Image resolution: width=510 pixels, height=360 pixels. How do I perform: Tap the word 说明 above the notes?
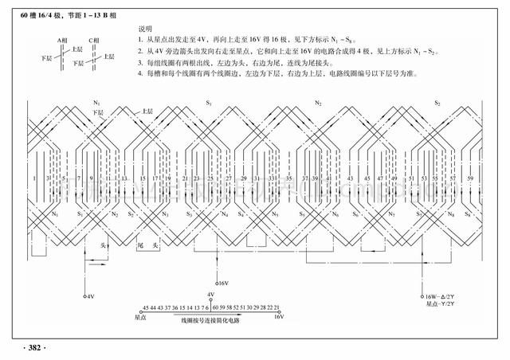coord(144,28)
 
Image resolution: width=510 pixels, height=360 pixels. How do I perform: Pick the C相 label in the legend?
coord(94,39)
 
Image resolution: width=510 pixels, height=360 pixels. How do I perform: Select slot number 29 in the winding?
coord(243,178)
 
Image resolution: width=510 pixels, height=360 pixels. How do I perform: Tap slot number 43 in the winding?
coord(351,178)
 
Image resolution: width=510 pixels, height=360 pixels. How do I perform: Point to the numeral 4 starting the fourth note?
coord(139,74)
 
